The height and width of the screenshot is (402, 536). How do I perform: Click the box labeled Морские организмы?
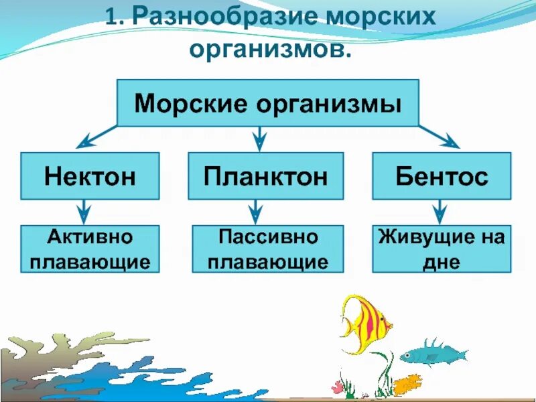[x=268, y=103]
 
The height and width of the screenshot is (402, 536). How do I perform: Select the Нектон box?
[x=90, y=176]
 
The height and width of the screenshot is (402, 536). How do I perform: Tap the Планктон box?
[x=265, y=176]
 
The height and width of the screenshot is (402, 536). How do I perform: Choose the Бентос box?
[x=441, y=176]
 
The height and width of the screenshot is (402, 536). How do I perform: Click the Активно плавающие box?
[x=90, y=249]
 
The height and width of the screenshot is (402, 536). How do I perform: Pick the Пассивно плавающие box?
[x=267, y=249]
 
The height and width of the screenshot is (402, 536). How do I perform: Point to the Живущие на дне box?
[x=441, y=249]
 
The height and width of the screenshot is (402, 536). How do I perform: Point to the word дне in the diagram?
[x=442, y=261]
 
